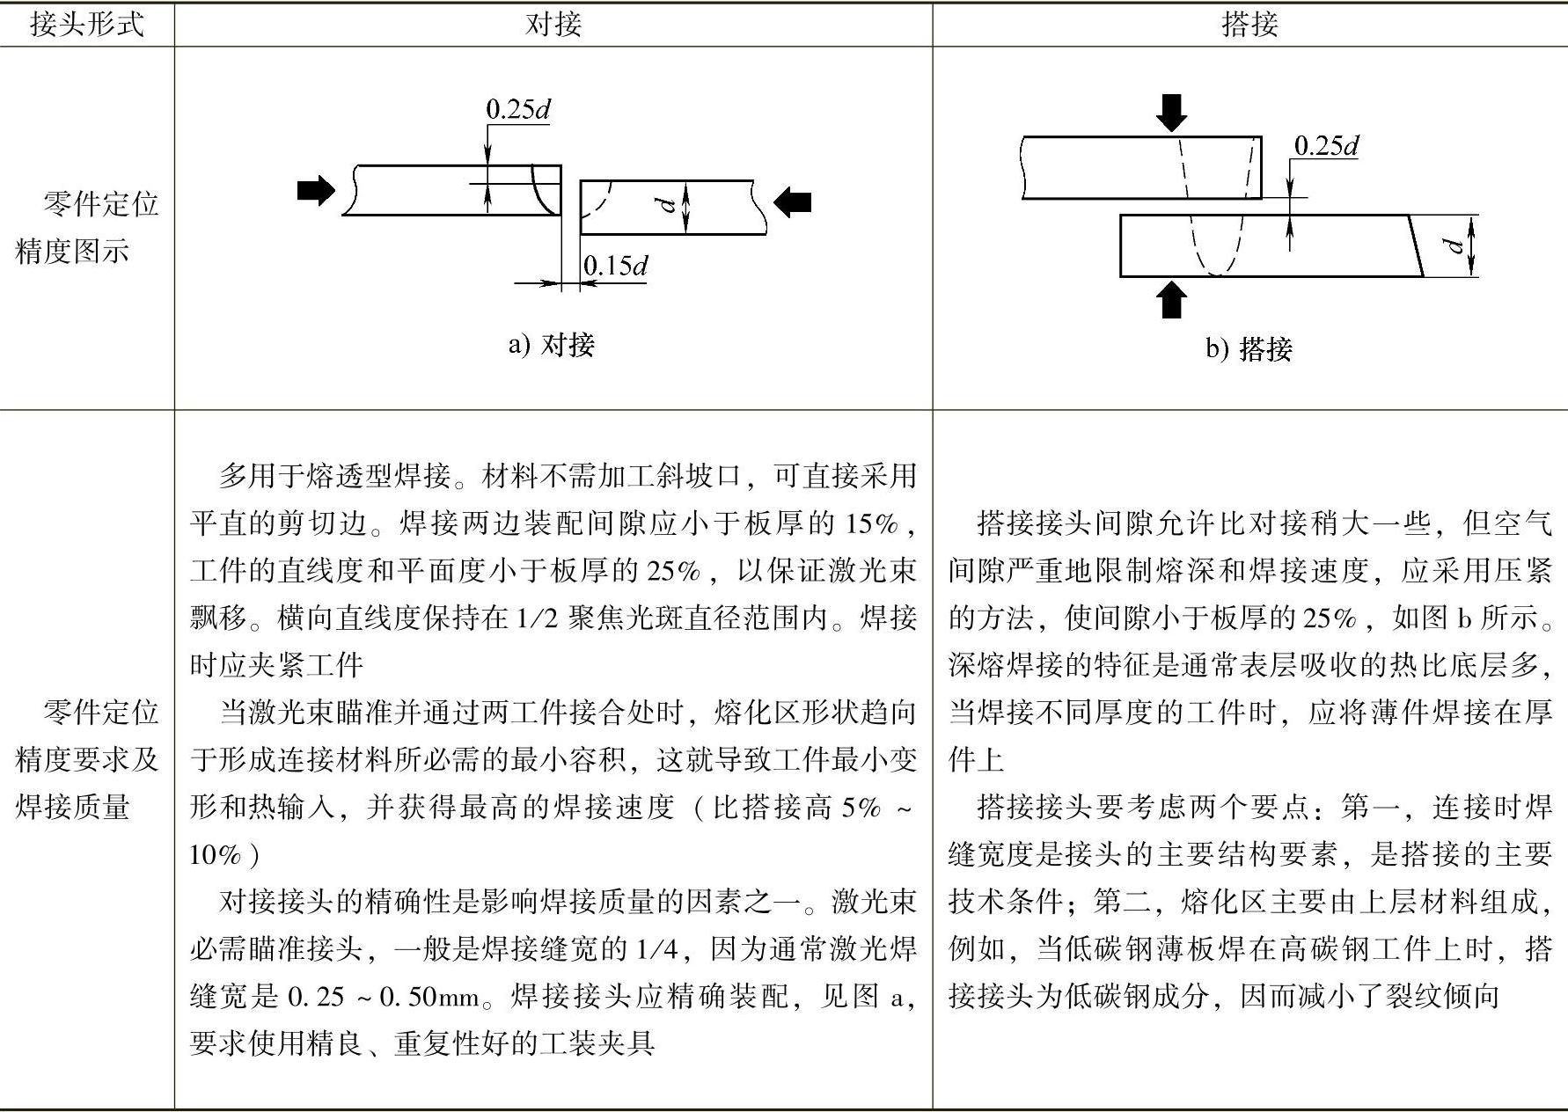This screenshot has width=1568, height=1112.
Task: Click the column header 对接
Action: pos(553,24)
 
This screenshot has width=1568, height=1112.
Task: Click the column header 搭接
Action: pos(1249,24)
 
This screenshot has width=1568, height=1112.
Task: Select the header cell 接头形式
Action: pos(86,24)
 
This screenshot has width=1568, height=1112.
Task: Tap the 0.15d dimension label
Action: pos(615,265)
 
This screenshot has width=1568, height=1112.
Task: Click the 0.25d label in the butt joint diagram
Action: pos(518,109)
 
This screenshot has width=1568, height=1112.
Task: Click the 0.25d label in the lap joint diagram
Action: pos(1326,145)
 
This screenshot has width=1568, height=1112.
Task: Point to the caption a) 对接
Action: pos(552,344)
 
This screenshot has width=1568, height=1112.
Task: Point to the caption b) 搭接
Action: pos(1249,349)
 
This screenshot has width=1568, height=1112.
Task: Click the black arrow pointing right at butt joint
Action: pos(316,190)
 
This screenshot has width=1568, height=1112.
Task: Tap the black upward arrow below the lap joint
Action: pos(1171,299)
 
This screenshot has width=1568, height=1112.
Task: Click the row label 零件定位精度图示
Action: pos(86,228)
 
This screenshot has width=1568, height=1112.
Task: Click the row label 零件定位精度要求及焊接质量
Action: pos(86,758)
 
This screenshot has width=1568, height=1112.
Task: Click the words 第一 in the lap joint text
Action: pos(1372,807)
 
